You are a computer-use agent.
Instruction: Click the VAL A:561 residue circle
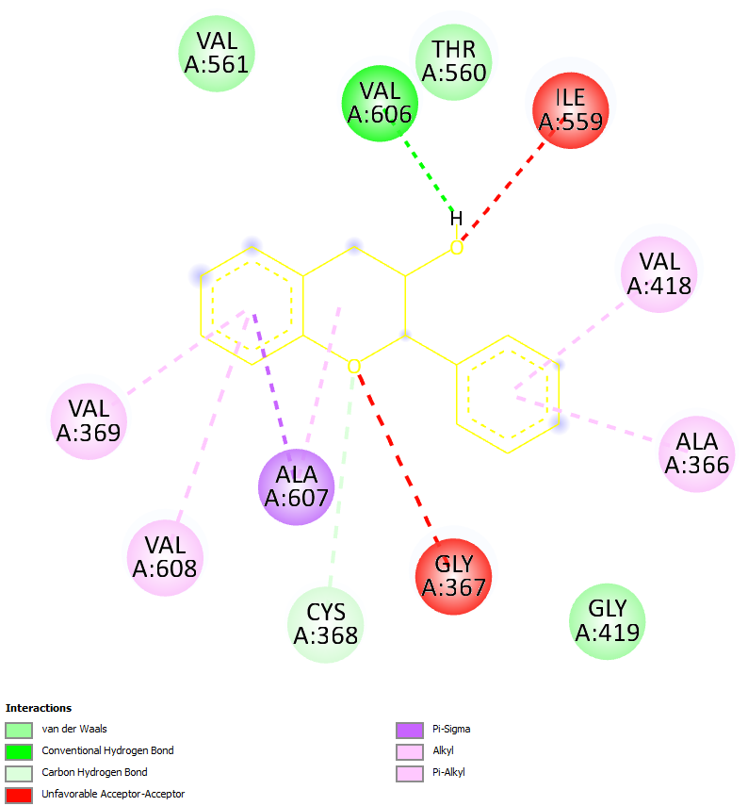click(x=217, y=53)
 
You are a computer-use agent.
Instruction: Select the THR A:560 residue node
click(x=454, y=61)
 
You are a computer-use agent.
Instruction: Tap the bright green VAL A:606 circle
click(x=380, y=104)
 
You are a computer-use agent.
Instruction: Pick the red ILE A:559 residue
click(x=570, y=110)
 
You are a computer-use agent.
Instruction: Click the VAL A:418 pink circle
click(x=659, y=273)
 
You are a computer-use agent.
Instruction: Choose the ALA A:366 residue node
click(x=696, y=453)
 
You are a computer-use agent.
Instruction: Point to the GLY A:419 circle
click(x=607, y=620)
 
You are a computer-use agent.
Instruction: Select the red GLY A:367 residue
click(x=453, y=576)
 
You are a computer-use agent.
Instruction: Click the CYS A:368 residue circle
click(x=325, y=624)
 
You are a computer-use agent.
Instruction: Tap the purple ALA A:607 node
click(x=296, y=487)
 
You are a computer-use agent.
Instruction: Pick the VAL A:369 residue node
click(x=88, y=420)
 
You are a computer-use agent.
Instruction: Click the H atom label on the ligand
click(x=456, y=219)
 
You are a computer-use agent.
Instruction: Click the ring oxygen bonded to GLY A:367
click(x=354, y=366)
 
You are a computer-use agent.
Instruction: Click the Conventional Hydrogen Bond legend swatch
click(x=19, y=751)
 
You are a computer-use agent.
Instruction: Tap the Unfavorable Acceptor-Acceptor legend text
click(x=113, y=794)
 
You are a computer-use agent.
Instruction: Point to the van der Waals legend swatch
click(x=19, y=730)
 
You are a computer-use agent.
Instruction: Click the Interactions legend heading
click(x=39, y=708)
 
